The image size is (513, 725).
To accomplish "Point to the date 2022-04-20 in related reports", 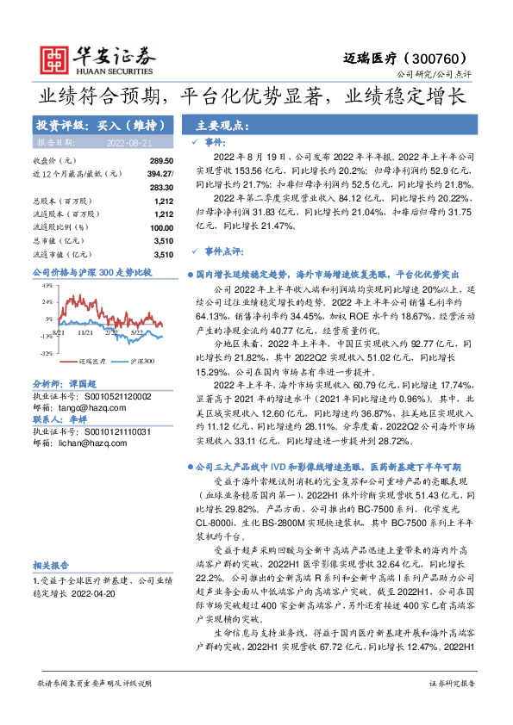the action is [98, 592].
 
